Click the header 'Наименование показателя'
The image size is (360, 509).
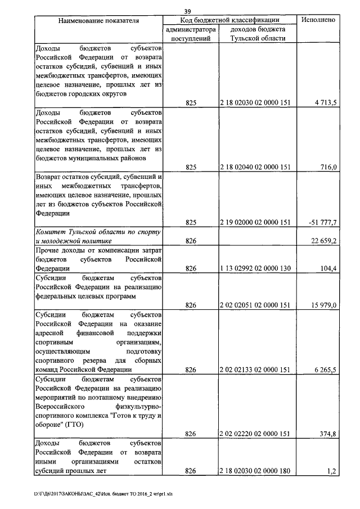(x=99, y=20)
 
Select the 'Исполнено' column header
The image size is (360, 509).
(x=318, y=20)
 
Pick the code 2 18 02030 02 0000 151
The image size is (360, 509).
(x=255, y=102)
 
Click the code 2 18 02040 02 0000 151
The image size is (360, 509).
(x=255, y=167)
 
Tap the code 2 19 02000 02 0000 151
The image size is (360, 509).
(x=255, y=223)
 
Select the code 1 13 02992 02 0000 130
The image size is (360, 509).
(x=255, y=268)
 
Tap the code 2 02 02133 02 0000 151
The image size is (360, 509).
(x=255, y=370)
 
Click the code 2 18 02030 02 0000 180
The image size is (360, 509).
(x=255, y=471)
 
